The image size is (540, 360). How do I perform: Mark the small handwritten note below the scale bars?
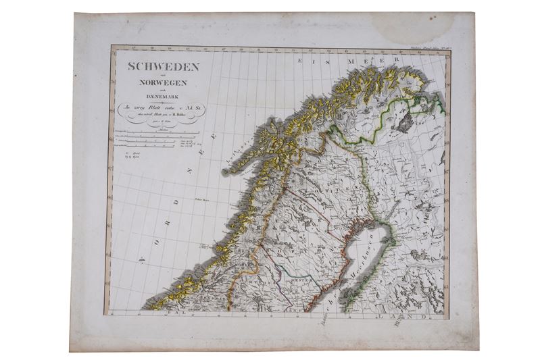(132, 157)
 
